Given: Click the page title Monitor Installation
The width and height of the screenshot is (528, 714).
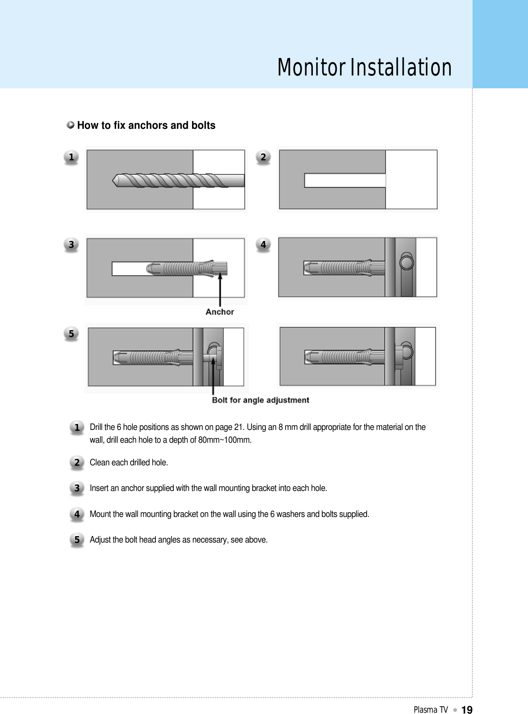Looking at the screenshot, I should tap(364, 68).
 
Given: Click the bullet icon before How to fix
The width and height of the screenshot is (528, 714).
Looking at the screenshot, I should tap(70, 125).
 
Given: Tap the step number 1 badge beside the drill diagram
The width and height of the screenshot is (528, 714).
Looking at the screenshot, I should tap(71, 157).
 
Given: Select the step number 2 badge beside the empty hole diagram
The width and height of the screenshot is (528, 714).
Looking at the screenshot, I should tap(263, 157).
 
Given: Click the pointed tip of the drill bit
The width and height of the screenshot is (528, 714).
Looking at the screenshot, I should tap(115, 180).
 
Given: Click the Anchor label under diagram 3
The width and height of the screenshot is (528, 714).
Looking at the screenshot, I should tap(219, 312).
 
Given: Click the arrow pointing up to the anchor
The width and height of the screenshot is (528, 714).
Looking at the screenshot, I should tap(220, 290).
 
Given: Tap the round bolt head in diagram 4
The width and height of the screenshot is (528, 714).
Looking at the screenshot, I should tap(407, 261).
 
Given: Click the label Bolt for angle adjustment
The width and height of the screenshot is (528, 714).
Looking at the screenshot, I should tap(260, 400).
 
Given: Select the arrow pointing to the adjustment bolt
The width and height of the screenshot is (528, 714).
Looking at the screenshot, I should tap(213, 375).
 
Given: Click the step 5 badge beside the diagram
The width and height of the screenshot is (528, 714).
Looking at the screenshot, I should tap(71, 334).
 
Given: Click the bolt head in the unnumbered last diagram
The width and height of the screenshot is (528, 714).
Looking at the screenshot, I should tap(407, 351).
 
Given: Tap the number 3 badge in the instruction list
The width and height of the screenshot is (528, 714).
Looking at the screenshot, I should tap(77, 488).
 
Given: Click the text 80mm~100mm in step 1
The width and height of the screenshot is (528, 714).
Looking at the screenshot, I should tap(225, 440).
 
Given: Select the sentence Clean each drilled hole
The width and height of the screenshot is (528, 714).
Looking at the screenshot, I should tap(129, 462).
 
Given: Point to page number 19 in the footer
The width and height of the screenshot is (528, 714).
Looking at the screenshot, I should tap(467, 709).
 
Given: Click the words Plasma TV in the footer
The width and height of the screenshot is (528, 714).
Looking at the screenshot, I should tap(430, 709).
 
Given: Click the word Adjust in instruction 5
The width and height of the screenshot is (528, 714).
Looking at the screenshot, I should tap(100, 540).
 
